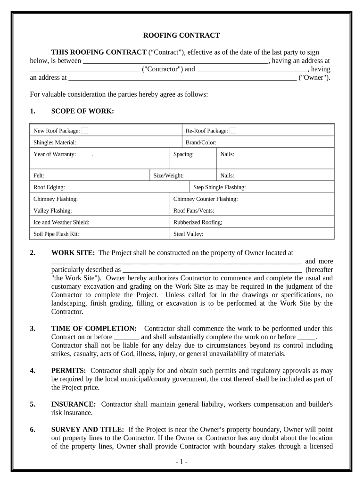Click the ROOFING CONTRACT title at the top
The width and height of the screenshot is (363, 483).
click(181, 35)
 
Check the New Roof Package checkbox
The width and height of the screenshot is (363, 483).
click(85, 131)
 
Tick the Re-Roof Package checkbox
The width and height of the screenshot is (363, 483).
click(233, 131)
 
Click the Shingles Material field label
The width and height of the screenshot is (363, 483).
click(55, 142)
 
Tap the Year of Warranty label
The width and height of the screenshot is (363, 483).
click(55, 154)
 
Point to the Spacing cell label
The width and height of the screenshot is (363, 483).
click(183, 154)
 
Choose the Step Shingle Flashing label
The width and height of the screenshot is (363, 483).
click(220, 187)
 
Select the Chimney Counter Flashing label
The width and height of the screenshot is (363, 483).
click(206, 199)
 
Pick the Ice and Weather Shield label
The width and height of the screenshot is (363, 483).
click(61, 222)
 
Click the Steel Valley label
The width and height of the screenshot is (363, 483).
click(189, 233)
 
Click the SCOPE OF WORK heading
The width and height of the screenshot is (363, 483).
click(82, 111)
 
